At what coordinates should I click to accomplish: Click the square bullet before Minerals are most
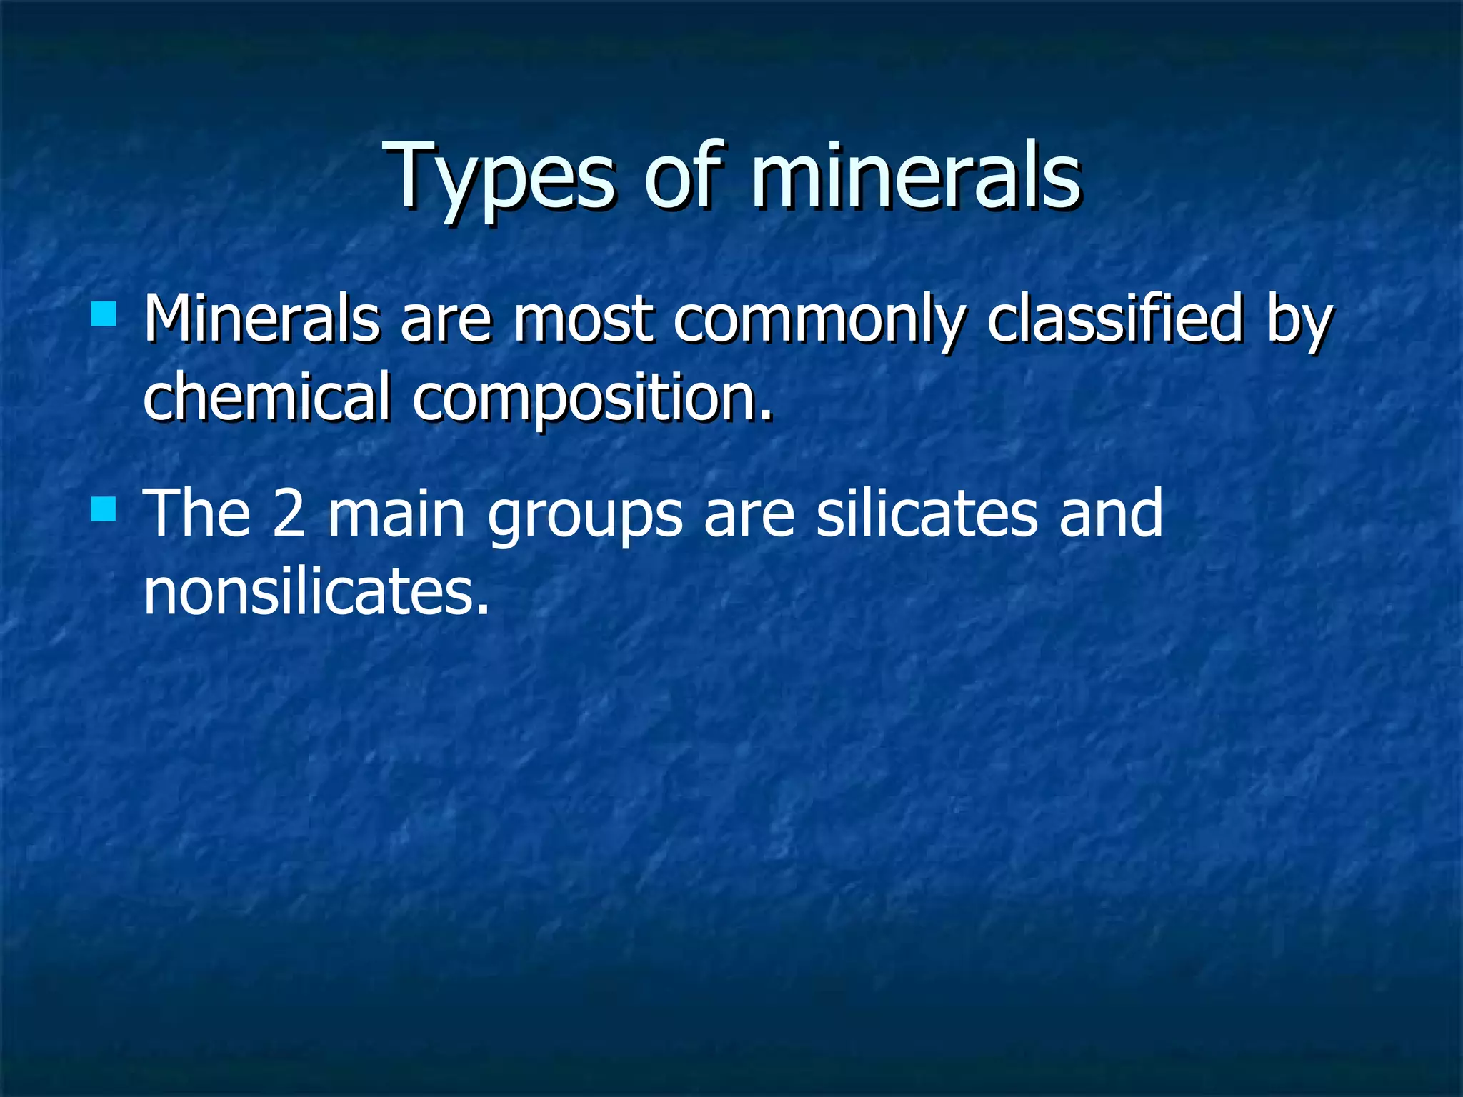104,314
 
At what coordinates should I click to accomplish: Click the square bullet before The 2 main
104,510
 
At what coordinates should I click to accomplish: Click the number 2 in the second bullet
289,514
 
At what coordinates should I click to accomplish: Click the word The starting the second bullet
197,514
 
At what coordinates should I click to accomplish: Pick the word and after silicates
1111,514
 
